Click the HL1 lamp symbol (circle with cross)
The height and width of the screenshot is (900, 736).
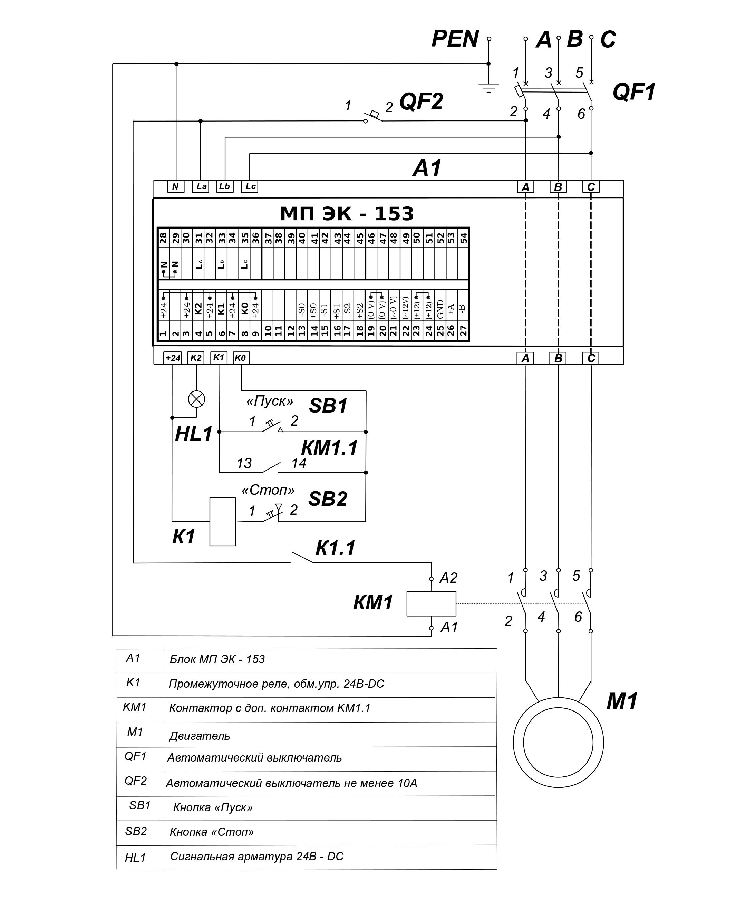pyautogui.click(x=196, y=399)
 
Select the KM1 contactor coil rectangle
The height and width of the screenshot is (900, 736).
pyautogui.click(x=431, y=604)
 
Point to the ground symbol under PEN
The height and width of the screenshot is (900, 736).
pyautogui.click(x=488, y=88)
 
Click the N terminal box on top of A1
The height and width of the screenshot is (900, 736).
pyautogui.click(x=175, y=186)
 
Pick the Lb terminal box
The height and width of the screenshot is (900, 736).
pyautogui.click(x=225, y=186)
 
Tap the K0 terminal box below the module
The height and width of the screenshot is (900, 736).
pyautogui.click(x=241, y=358)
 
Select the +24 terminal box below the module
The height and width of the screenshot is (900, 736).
pyautogui.click(x=173, y=358)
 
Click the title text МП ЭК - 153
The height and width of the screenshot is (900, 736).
pyautogui.click(x=347, y=214)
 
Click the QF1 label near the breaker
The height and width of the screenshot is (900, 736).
pyautogui.click(x=634, y=92)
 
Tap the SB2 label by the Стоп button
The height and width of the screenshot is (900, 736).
pyautogui.click(x=328, y=499)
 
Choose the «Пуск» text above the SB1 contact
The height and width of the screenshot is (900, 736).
pyautogui.click(x=270, y=401)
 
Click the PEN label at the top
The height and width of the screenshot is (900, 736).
pyautogui.click(x=455, y=39)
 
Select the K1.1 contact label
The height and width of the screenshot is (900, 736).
pyautogui.click(x=335, y=548)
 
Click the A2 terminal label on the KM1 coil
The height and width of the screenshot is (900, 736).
pyautogui.click(x=448, y=578)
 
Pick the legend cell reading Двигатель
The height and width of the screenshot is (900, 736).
pyautogui.click(x=199, y=736)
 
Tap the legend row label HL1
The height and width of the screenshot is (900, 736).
pyautogui.click(x=135, y=858)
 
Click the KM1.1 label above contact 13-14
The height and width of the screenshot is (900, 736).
pyautogui.click(x=329, y=448)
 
